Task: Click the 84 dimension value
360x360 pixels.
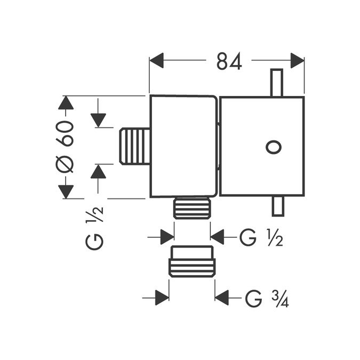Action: (x=229, y=61)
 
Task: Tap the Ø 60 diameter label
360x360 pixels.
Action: (x=65, y=147)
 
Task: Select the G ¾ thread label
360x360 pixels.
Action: (x=267, y=299)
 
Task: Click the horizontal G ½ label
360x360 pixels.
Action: (x=261, y=237)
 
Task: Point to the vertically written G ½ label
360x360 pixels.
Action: (x=94, y=228)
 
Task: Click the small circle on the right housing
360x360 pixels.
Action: (x=274, y=147)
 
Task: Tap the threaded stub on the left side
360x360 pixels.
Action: (x=135, y=147)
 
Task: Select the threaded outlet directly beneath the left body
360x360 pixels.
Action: (x=192, y=208)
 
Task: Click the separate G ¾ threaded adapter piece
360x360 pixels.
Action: (x=192, y=261)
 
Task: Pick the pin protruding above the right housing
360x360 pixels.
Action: (x=277, y=83)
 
